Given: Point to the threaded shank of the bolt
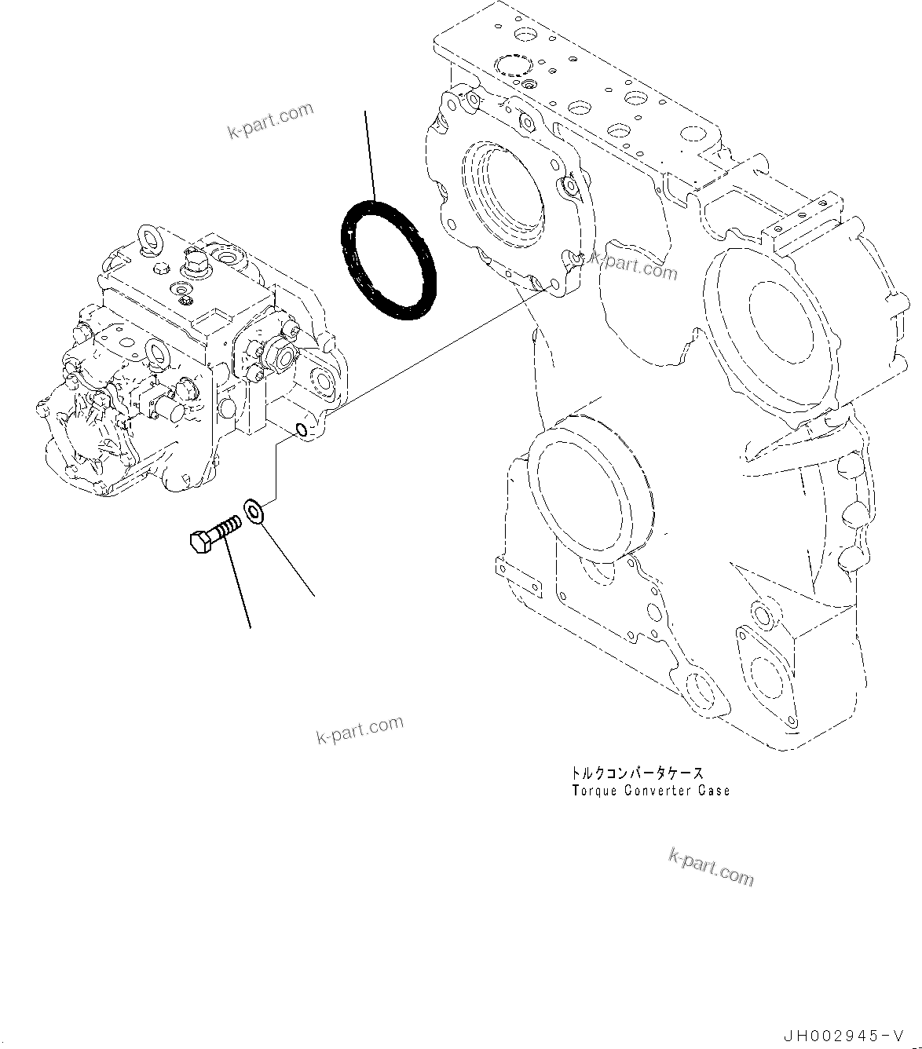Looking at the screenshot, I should point(227,524).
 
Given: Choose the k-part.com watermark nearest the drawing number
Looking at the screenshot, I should point(711,866).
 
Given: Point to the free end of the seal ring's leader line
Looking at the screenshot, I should point(365,111).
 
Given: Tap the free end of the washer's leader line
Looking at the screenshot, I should point(315,595).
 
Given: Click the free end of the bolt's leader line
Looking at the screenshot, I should point(251,627).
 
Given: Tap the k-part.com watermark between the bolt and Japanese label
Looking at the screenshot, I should point(360,729).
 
